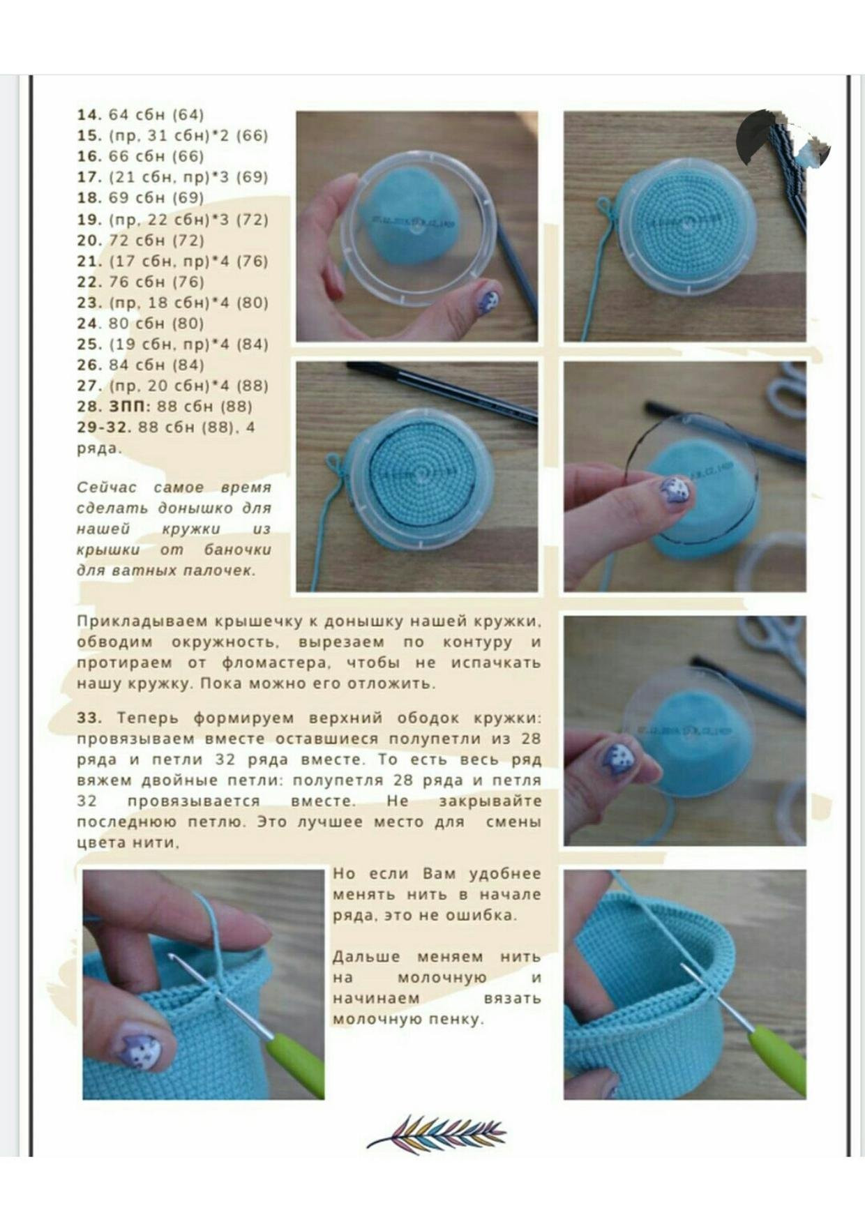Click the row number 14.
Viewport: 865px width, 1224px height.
point(89,115)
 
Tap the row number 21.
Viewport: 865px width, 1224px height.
point(89,261)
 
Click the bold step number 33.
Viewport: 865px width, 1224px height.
point(89,718)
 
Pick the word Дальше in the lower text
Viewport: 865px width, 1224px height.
point(366,957)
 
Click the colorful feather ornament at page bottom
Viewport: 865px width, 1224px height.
point(437,1134)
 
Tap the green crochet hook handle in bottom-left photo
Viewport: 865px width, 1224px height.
point(298,1061)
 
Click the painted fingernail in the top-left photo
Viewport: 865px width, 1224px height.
point(489,301)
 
